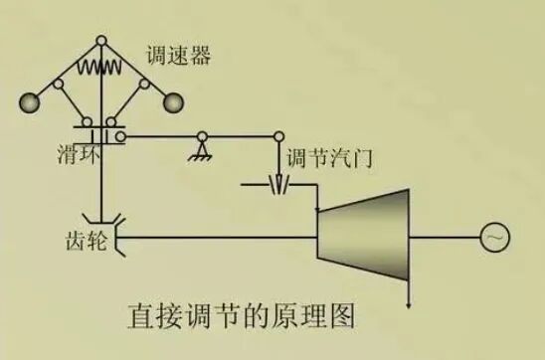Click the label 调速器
(178, 57)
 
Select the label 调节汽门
(323, 158)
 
